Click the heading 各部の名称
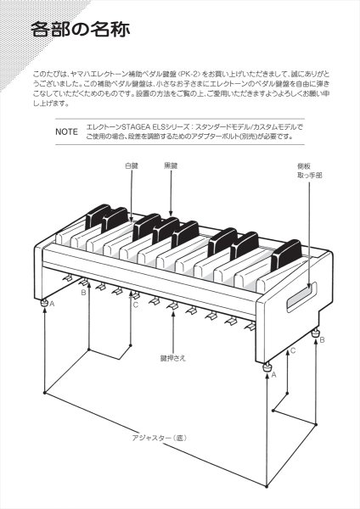80,31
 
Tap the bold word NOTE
66,133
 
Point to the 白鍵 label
130,167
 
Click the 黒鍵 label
171,167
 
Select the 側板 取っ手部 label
309,171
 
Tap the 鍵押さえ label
172,359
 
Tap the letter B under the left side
83,293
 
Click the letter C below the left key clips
134,304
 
